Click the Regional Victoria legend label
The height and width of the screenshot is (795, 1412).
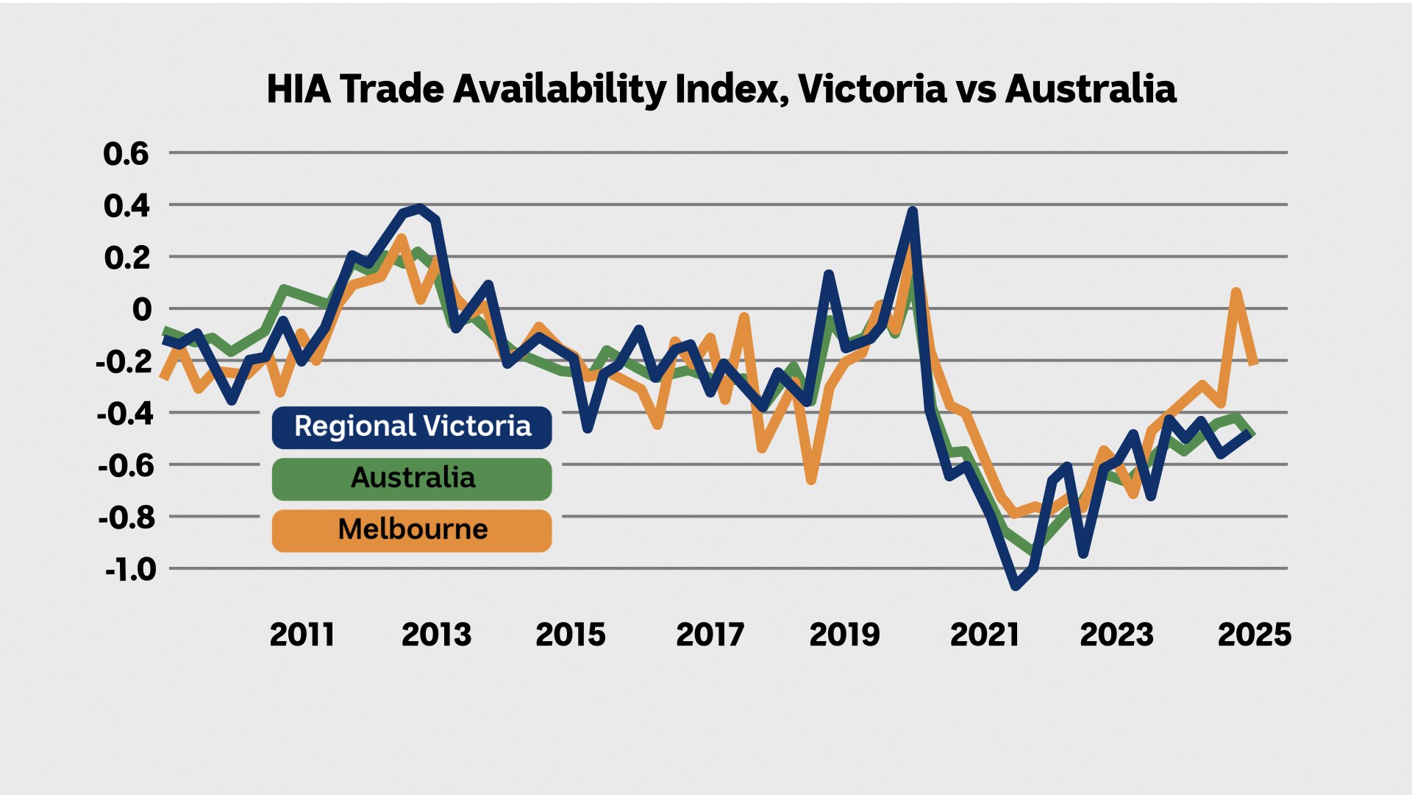coord(412,427)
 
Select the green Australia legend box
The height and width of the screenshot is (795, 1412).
coord(412,478)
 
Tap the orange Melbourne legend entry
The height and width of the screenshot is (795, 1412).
coord(412,530)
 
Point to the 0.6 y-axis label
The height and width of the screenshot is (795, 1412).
coord(126,154)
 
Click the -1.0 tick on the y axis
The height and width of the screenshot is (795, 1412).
coord(130,569)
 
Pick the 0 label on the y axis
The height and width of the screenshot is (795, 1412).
coord(141,309)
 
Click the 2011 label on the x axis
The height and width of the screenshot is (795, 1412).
coord(302,635)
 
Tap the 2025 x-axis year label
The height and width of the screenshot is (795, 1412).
coord(1254,635)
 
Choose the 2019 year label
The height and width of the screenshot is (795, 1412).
coord(844,635)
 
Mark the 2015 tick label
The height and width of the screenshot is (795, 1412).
coord(571,635)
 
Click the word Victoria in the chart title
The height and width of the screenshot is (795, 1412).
coord(872,89)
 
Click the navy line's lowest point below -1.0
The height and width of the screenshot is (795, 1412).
coord(1016,586)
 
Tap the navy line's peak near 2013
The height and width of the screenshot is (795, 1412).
coord(420,208)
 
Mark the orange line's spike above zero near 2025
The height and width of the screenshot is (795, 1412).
coord(1236,292)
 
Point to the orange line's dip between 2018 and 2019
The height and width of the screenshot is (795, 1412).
coord(810,480)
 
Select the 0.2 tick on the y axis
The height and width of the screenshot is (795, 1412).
coord(126,258)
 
